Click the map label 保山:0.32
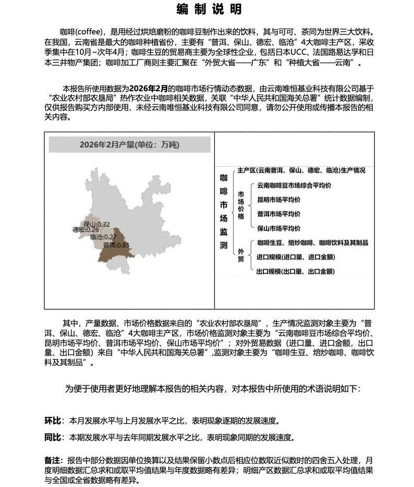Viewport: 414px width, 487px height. (x=97, y=224)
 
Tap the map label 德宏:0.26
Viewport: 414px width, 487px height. (x=86, y=230)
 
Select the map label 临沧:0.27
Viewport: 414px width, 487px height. (x=103, y=237)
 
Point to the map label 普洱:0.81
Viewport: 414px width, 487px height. (x=116, y=245)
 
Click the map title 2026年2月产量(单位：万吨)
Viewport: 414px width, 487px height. (x=129, y=144)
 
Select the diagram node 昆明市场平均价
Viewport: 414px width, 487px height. (x=279, y=199)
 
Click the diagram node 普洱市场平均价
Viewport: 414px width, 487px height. (x=279, y=214)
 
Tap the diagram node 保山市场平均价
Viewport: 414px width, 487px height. (x=279, y=228)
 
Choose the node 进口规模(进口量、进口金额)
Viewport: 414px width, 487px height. (x=296, y=257)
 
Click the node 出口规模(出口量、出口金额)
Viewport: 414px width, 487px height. (x=296, y=271)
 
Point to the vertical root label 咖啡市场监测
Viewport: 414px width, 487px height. (x=224, y=211)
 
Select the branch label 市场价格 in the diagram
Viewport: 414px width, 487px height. (x=241, y=206)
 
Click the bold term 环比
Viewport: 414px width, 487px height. (x=54, y=420)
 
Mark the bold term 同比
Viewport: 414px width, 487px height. (x=54, y=437)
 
